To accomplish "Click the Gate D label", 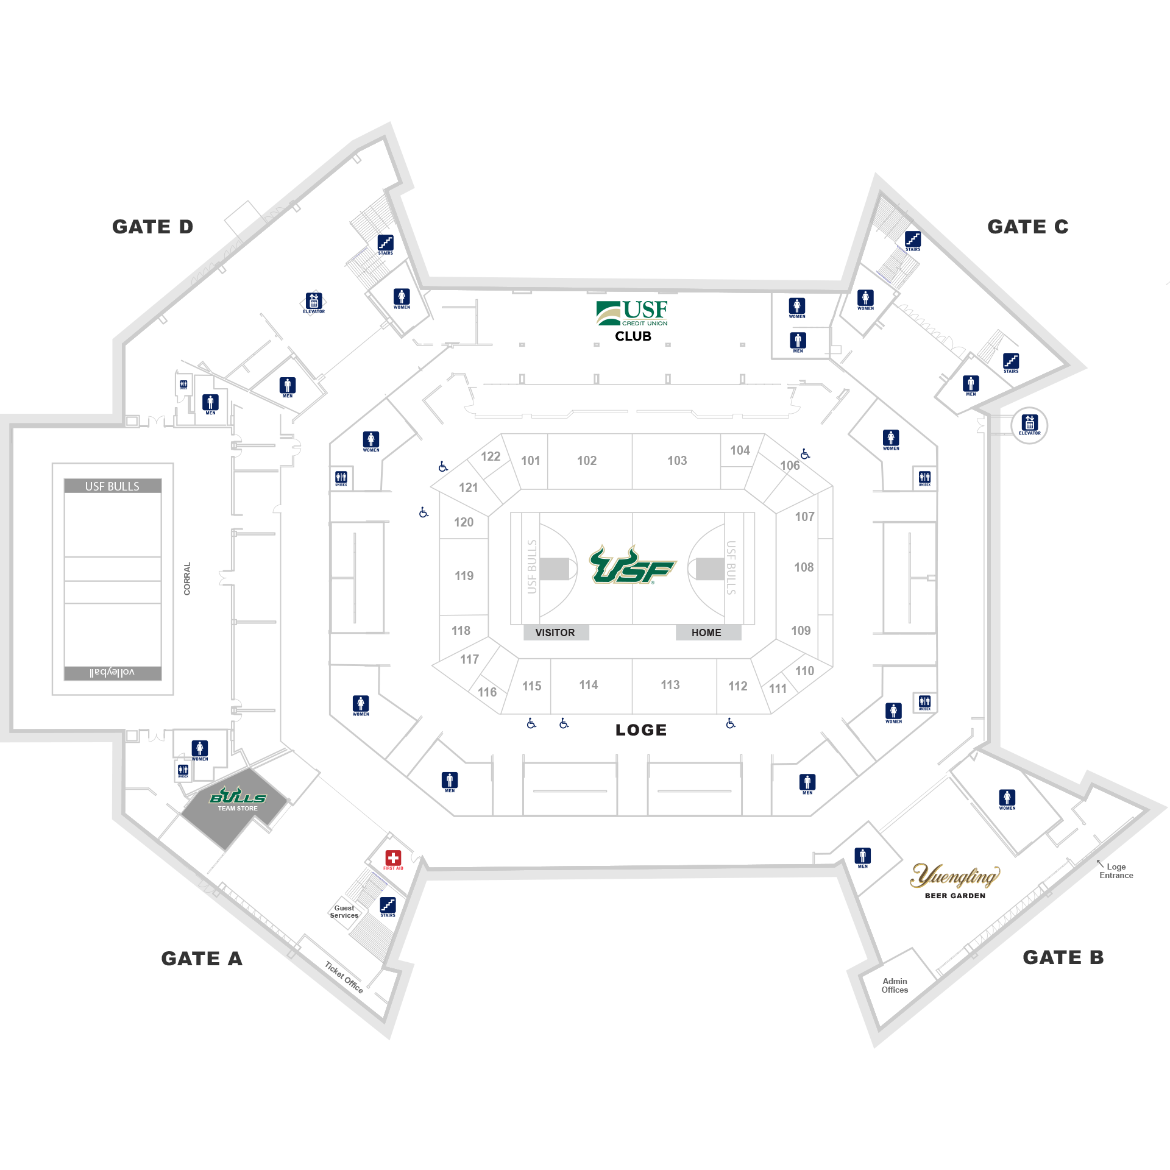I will pos(152,227).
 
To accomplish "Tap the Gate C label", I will pos(1027,227).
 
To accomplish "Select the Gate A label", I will pos(202,959).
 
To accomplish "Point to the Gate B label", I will pos(1063,957).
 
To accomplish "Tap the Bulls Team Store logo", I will pos(238,798).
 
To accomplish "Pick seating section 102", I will pos(587,461).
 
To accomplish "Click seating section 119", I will pos(464,576).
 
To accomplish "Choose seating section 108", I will pos(804,567).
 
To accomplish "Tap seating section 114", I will pos(588,685).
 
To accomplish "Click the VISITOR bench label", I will pos(555,633).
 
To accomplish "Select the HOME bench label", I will pos(706,633).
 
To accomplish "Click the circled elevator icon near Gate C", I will pos(1029,425).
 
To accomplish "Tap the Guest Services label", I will pos(344,912).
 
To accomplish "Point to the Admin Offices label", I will pos(895,985).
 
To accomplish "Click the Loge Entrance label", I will pos(1116,871).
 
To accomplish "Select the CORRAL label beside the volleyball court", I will pos(187,578).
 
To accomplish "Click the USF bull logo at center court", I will pos(632,565).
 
